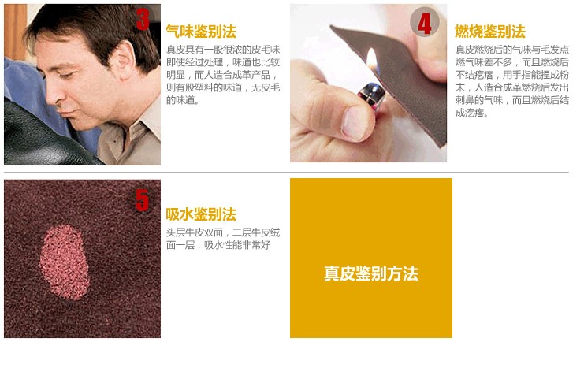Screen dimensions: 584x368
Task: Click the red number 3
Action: pyautogui.click(x=143, y=20)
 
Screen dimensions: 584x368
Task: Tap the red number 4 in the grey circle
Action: pyautogui.click(x=425, y=24)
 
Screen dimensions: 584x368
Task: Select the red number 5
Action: pyautogui.click(x=142, y=200)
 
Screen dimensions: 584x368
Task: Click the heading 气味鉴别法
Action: pyautogui.click(x=201, y=32)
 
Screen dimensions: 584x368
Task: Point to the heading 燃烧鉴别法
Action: pyautogui.click(x=490, y=32)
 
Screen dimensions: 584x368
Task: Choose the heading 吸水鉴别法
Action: pyautogui.click(x=201, y=214)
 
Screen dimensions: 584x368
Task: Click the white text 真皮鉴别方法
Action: pyautogui.click(x=371, y=273)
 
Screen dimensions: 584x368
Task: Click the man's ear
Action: pyautogui.click(x=125, y=61)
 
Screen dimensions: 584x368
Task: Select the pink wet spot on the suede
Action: pyautogui.click(x=64, y=262)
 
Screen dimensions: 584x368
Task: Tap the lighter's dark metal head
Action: pyautogui.click(x=372, y=95)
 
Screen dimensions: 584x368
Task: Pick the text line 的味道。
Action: pyautogui.click(x=183, y=100)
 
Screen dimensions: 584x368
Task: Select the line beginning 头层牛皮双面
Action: pyautogui.click(x=223, y=232)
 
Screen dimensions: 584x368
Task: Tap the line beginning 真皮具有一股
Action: pyautogui.click(x=223, y=50)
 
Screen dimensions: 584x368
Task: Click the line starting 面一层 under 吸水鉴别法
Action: pyautogui.click(x=218, y=245)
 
